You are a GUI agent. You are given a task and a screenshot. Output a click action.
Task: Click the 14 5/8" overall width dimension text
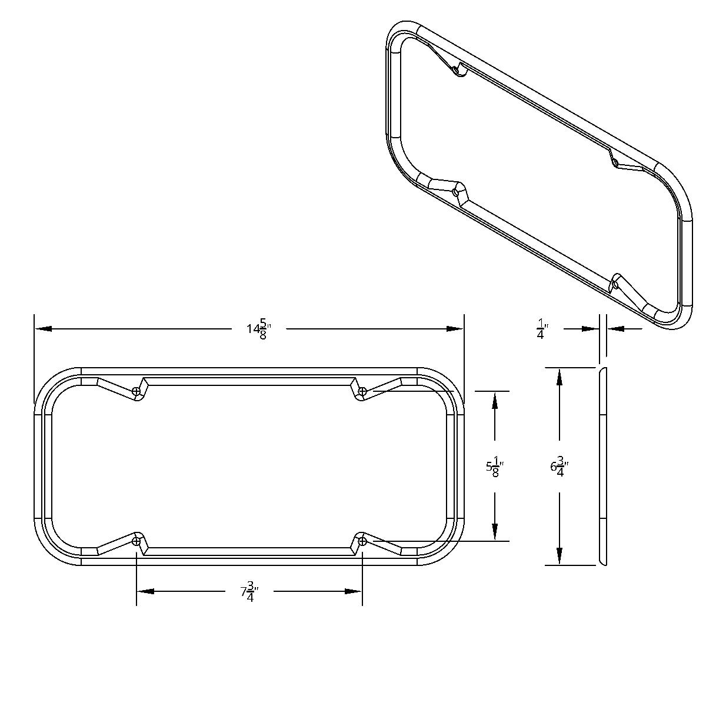tap(258, 329)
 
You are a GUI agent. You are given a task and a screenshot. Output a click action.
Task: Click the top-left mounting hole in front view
tap(136, 391)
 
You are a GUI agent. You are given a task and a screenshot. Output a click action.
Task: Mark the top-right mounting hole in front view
tap(362, 391)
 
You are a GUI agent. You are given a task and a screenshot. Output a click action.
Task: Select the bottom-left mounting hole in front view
tap(136, 541)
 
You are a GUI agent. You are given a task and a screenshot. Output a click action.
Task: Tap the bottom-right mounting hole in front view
tap(362, 541)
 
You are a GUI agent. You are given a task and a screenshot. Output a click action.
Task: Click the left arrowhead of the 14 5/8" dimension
tap(43, 329)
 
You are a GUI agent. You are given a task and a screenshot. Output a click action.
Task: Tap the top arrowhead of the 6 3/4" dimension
tap(559, 377)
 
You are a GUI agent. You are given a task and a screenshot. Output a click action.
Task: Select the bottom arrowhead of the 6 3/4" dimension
tap(559, 556)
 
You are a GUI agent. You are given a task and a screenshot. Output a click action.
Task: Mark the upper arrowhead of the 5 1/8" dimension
tap(495, 400)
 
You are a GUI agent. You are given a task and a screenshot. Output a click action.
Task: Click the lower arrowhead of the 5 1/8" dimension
tap(495, 532)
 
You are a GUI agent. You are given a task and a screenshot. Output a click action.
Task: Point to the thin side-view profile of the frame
tap(602, 467)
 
